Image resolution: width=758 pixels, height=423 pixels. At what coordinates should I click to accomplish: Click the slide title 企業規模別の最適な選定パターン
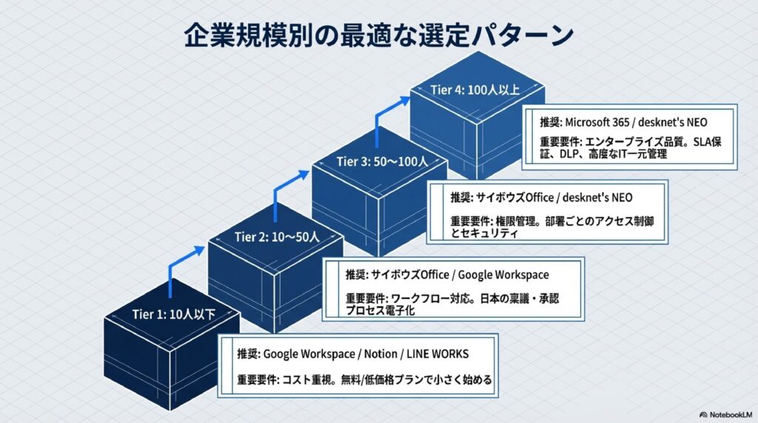[x=378, y=36]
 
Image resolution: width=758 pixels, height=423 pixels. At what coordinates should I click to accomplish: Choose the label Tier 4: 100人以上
[x=475, y=90]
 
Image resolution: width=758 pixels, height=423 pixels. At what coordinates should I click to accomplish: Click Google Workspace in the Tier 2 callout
[x=503, y=275]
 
